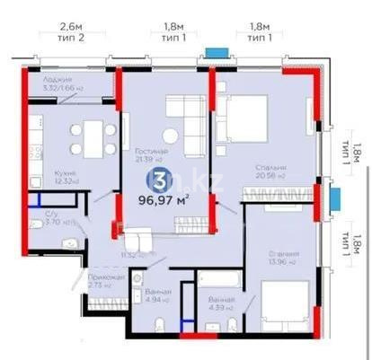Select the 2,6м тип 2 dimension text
pyautogui.click(x=71, y=34)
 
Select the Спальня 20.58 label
pyautogui.click(x=270, y=171)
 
